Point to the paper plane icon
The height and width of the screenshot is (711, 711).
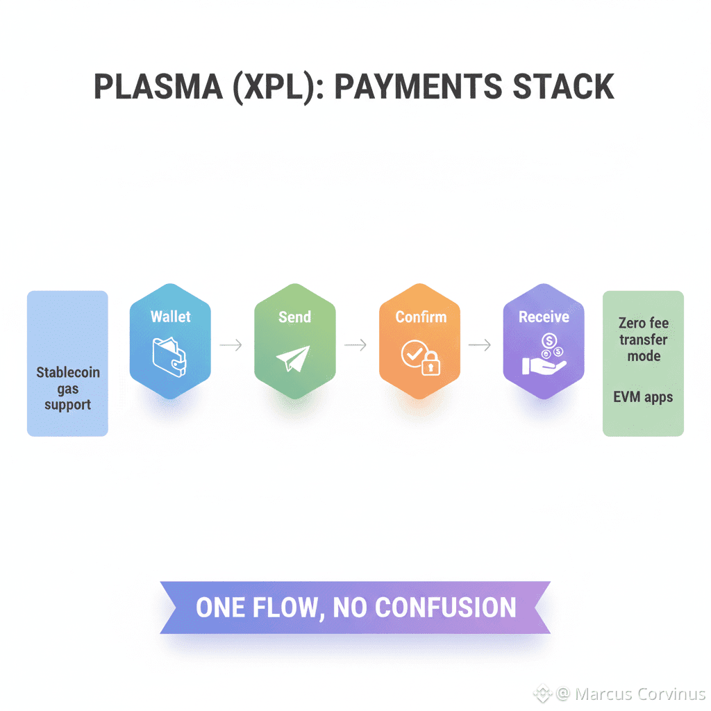[x=294, y=358]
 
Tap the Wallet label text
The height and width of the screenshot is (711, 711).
[x=170, y=317]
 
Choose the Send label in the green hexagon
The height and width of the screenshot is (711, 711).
[x=294, y=317]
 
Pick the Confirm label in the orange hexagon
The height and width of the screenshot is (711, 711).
[x=420, y=317]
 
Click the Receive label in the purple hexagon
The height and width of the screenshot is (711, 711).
[x=544, y=317]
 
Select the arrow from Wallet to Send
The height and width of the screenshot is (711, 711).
[x=231, y=344]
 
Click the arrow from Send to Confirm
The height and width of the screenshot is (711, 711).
[x=355, y=344]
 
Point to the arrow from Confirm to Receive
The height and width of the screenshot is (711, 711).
[x=480, y=344]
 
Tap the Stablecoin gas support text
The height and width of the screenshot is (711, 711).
[x=68, y=388]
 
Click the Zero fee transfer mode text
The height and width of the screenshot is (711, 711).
[x=644, y=340]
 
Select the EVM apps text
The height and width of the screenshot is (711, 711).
[x=643, y=398]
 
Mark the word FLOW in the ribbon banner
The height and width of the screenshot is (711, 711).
[x=285, y=608]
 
